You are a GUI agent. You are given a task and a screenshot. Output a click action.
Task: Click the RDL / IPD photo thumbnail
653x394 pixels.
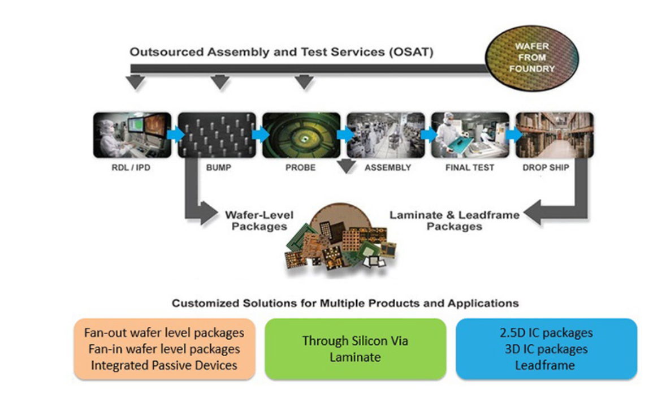pos(132,135)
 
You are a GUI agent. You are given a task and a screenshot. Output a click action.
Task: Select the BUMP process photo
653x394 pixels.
pos(217,135)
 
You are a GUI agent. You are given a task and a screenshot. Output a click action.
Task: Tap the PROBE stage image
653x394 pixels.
pos(301,135)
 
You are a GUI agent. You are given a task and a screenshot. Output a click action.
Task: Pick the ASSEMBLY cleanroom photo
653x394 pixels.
pos(386,135)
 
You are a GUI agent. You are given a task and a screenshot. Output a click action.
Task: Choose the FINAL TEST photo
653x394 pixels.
pos(469,135)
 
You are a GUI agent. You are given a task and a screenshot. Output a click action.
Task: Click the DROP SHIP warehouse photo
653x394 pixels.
pos(554,135)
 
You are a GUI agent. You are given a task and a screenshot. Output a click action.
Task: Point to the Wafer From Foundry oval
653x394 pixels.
pos(532,59)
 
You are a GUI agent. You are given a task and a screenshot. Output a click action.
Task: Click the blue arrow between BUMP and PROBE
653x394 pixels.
pos(260,135)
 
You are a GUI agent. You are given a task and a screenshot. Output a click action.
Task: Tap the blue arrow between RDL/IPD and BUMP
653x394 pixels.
pos(175,135)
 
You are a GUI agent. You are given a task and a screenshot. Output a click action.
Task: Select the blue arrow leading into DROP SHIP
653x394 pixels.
pos(513,135)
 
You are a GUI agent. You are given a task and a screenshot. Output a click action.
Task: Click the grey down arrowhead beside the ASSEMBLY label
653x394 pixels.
pos(346,166)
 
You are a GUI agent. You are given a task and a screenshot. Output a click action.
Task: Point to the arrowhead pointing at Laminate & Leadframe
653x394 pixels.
pos(532,215)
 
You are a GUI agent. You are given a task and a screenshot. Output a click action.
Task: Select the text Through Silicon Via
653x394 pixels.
pos(354,341)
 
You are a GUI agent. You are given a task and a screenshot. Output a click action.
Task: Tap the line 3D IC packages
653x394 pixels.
pos(546,349)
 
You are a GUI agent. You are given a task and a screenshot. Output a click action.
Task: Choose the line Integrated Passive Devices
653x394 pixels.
pos(164,365)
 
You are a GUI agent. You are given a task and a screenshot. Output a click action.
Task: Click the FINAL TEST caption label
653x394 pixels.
pos(469,168)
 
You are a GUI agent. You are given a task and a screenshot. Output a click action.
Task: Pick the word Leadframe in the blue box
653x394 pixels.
pos(546,365)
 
